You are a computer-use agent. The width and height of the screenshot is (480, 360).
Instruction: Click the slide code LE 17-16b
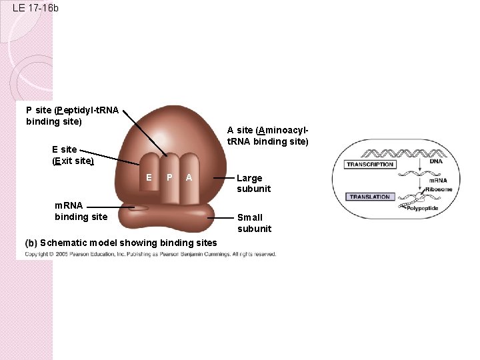35,9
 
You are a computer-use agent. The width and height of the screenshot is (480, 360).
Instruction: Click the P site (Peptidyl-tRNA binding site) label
72,115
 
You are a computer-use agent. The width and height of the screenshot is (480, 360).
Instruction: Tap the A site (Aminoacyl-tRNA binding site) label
267,135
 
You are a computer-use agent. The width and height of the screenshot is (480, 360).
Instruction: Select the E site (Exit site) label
73,155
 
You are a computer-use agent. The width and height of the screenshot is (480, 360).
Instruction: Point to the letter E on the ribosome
149,177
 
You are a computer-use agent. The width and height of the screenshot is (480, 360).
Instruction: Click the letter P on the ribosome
169,177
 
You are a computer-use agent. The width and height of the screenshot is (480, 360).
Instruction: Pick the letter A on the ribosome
189,177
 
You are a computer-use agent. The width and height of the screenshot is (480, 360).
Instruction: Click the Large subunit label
253,183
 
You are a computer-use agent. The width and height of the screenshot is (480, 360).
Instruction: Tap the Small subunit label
254,223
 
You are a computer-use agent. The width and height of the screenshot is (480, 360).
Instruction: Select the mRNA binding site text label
81,211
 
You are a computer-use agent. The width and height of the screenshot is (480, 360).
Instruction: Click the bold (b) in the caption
31,243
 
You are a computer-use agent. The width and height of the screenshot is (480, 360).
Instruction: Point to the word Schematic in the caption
64,243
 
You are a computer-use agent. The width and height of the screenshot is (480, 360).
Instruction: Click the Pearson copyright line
151,254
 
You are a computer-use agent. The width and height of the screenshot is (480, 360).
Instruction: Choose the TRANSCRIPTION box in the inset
371,164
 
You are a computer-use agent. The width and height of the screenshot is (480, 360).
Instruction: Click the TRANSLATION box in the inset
369,197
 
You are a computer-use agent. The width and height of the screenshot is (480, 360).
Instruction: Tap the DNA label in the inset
435,161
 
